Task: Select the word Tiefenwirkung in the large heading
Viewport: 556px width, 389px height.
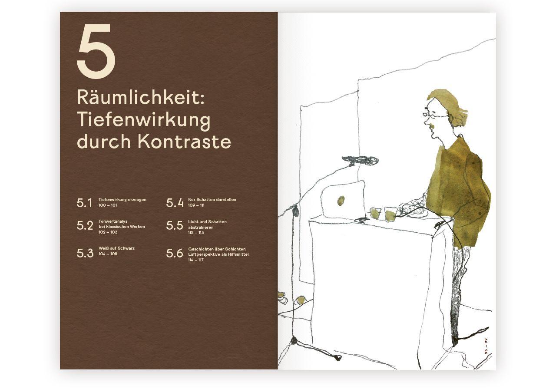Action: pyautogui.click(x=143, y=120)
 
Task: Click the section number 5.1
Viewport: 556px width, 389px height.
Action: pyautogui.click(x=85, y=203)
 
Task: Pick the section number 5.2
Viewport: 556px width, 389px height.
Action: pyautogui.click(x=85, y=226)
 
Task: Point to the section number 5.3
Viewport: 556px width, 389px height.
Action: pyautogui.click(x=85, y=253)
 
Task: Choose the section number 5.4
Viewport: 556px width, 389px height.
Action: pyautogui.click(x=175, y=203)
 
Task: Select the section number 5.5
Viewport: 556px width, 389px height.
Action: pyautogui.click(x=175, y=226)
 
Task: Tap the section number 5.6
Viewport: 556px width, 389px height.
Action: pyautogui.click(x=175, y=253)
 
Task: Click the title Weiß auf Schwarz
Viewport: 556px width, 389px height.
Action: pyautogui.click(x=116, y=248)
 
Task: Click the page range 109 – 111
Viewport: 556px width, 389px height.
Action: pyautogui.click(x=196, y=205)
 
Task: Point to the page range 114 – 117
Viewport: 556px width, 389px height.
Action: pyautogui.click(x=196, y=260)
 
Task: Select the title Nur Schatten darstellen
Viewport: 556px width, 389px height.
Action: pyautogui.click(x=212, y=200)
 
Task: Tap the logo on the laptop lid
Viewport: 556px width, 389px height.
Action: pyautogui.click(x=341, y=200)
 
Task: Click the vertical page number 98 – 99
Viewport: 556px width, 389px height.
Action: pyautogui.click(x=487, y=346)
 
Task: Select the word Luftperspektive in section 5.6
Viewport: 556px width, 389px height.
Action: pyautogui.click(x=204, y=254)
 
